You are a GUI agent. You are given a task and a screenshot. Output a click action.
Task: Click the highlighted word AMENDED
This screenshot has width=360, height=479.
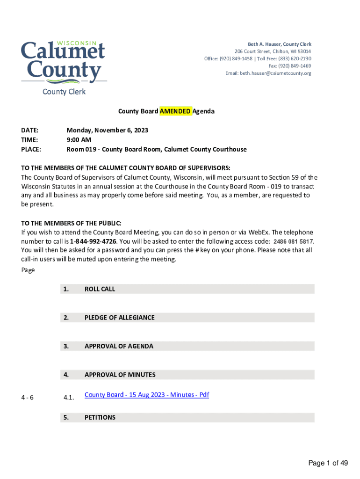[175, 111]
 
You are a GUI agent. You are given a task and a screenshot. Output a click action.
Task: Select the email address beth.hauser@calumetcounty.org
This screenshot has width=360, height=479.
[275, 73]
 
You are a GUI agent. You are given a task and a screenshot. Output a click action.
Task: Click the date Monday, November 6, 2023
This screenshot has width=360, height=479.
[107, 131]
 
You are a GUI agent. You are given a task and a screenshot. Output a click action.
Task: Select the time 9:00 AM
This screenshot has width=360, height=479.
[79, 140]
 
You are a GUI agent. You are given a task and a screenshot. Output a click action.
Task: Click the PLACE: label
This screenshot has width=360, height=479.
[31, 150]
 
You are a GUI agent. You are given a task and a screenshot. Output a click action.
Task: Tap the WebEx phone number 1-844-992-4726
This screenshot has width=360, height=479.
[93, 241]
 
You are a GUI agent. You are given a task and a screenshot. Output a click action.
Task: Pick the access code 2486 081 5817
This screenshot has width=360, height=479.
[293, 241]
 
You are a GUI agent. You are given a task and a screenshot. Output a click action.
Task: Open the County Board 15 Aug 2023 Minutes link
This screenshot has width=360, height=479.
[147, 395]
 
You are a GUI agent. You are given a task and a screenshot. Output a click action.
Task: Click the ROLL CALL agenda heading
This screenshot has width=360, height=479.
[100, 289]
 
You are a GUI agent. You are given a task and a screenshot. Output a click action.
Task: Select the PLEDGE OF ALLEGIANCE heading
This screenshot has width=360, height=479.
[119, 318]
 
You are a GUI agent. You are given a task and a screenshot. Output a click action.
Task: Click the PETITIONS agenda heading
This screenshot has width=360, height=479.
[100, 417]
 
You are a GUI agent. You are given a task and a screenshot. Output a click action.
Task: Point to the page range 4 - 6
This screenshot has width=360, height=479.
[27, 398]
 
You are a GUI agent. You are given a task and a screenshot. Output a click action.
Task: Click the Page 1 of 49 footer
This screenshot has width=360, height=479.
[328, 463]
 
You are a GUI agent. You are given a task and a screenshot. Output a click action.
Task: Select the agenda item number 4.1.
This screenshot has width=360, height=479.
[69, 398]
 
